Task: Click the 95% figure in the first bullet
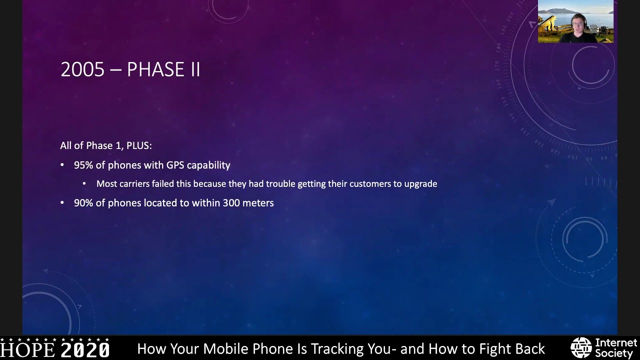[x=82, y=165]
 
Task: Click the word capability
[x=208, y=165]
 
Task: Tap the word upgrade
[x=420, y=184]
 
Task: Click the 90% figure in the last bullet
[x=82, y=203]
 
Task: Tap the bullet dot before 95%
[x=62, y=165]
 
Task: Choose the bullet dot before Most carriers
[x=84, y=184]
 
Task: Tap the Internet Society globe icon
[x=581, y=348]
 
